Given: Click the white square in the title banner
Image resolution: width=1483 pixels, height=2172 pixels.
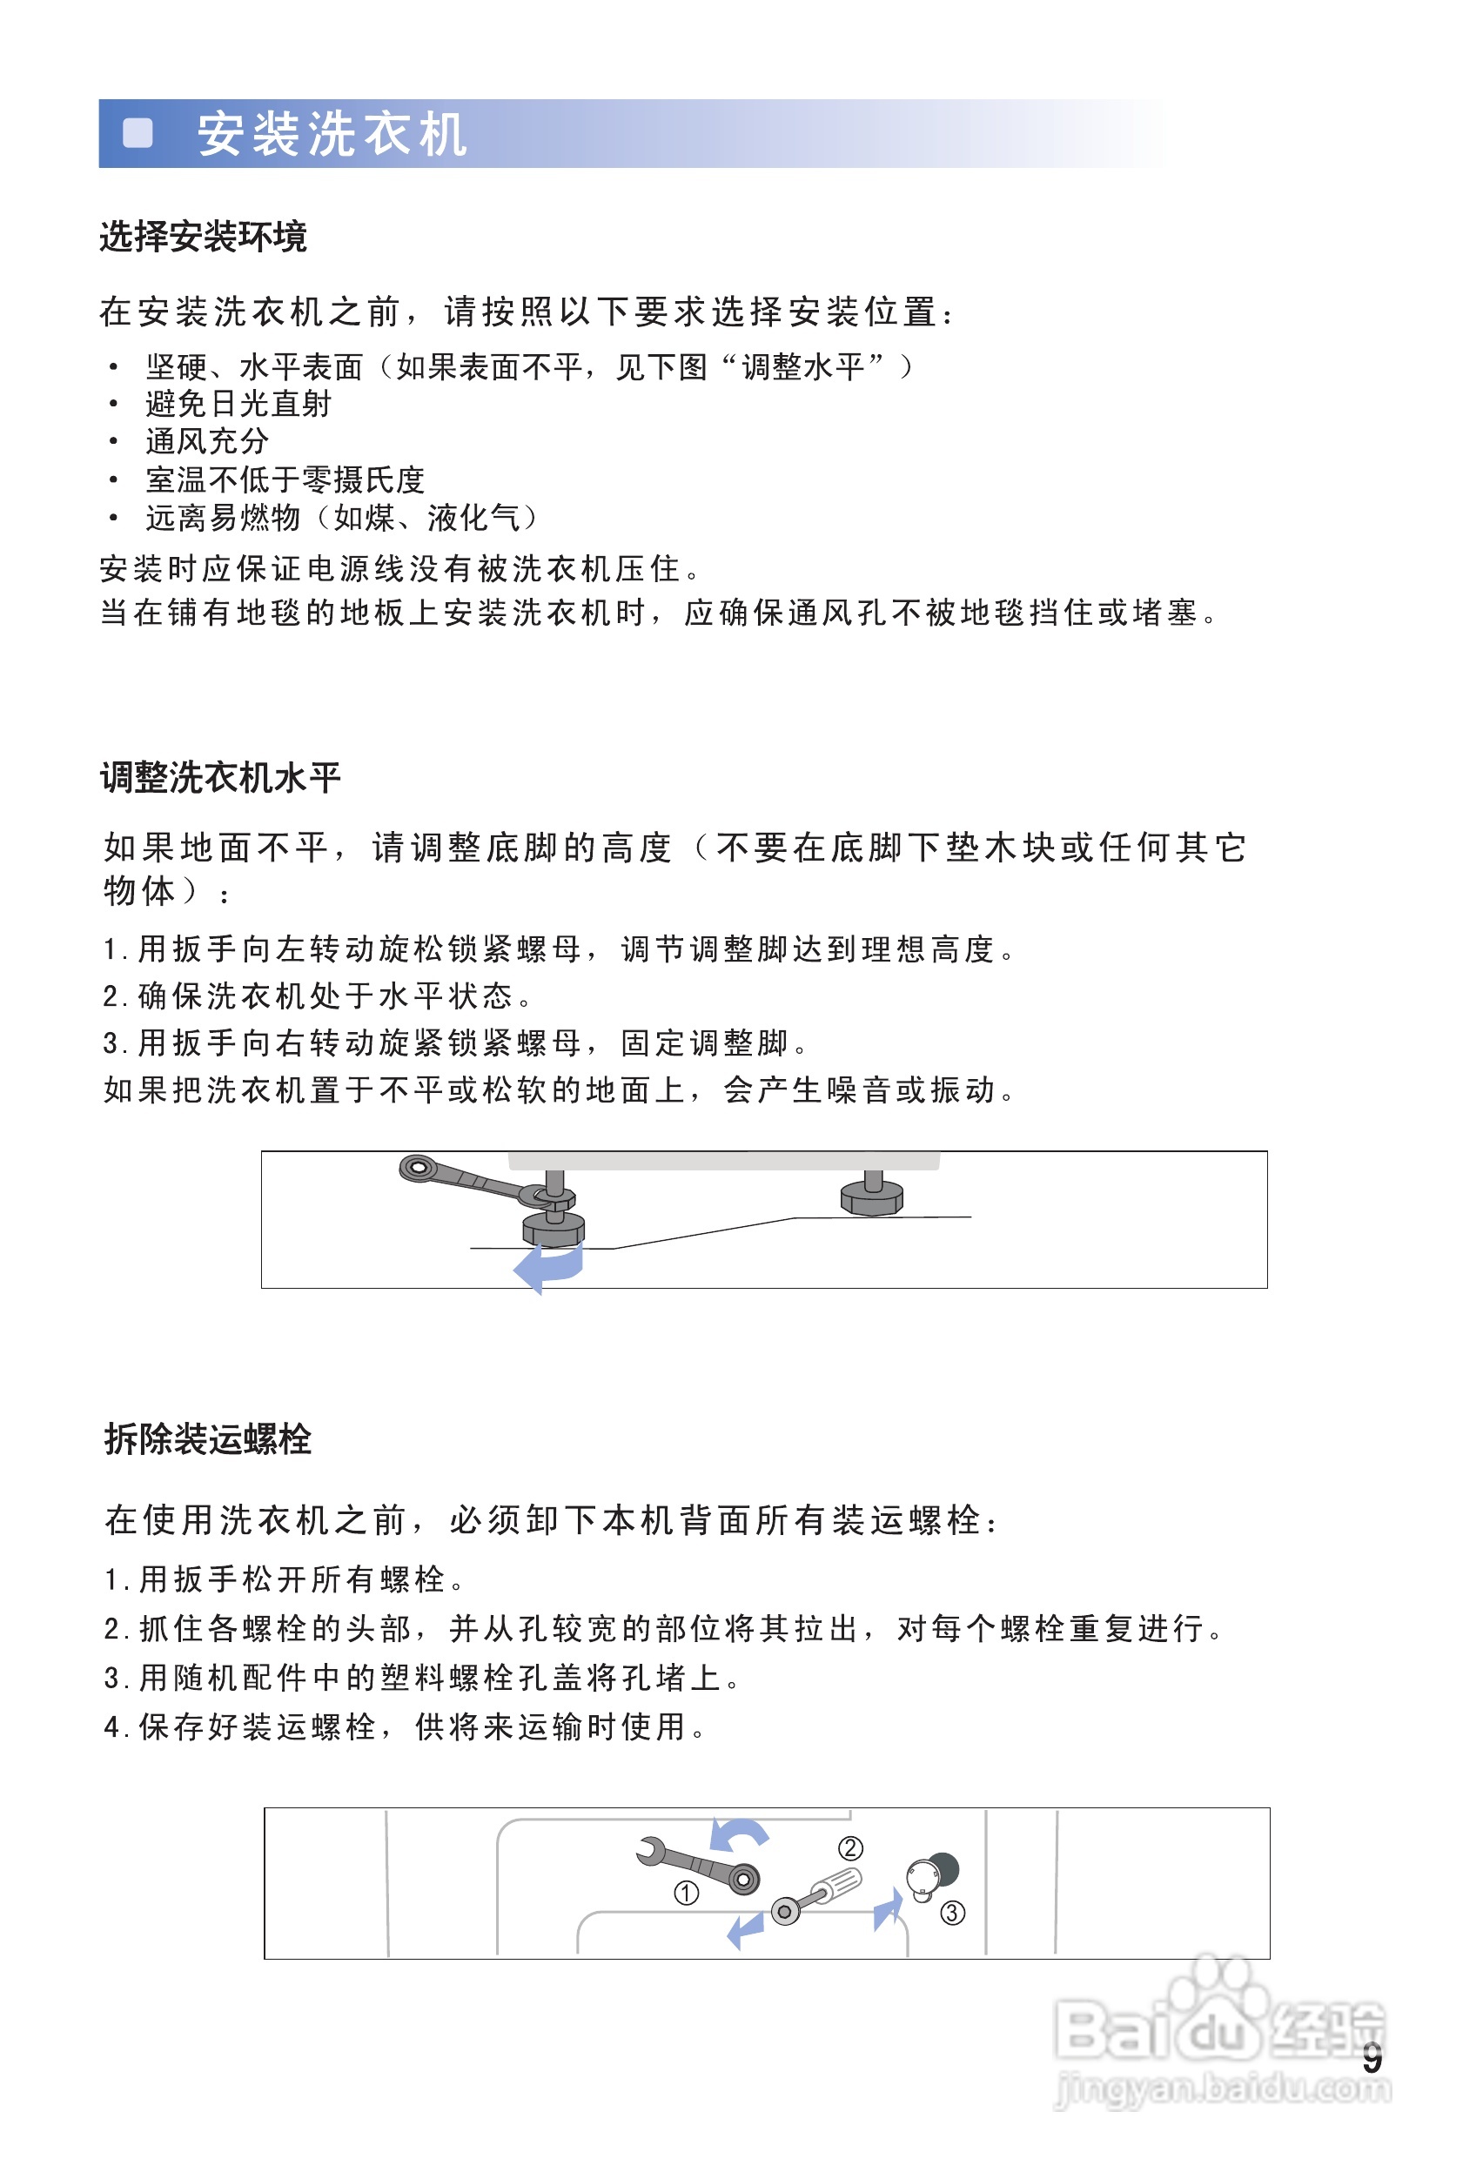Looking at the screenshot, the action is click(x=138, y=133).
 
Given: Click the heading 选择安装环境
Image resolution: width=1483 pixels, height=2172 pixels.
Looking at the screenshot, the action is click(x=203, y=237).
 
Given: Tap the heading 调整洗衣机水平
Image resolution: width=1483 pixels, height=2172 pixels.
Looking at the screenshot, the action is click(x=220, y=777).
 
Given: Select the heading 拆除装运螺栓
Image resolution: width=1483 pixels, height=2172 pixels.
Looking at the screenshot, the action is click(x=207, y=1438).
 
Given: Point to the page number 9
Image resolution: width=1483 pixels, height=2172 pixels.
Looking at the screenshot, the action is click(x=1371, y=2057).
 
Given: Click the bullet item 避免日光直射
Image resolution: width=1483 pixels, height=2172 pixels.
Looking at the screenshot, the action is click(x=238, y=404).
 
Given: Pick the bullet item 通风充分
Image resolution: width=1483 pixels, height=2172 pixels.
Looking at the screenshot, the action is click(x=206, y=441).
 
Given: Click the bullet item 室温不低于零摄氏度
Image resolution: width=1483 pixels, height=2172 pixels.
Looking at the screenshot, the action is click(x=285, y=479).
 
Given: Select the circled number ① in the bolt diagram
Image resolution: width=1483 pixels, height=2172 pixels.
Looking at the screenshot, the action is click(x=686, y=1893).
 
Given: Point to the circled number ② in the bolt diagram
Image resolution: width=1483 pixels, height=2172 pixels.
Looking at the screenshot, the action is click(x=850, y=1847).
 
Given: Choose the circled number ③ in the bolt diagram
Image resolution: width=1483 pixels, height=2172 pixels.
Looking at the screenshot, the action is click(x=952, y=1912).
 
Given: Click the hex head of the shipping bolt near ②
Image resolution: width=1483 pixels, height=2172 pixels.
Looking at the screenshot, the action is click(x=785, y=1911).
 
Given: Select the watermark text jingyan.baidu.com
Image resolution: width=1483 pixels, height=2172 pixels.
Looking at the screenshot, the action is click(x=1222, y=2088).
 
